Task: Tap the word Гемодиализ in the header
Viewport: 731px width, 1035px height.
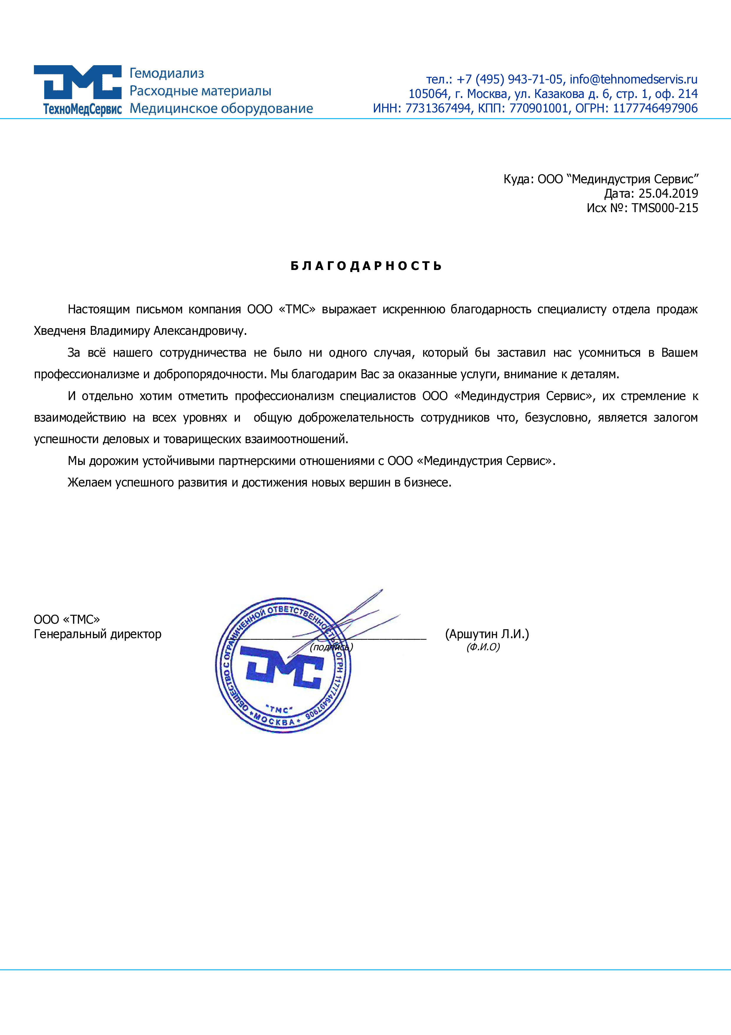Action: [x=167, y=73]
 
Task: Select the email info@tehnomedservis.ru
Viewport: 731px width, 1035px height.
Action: [x=633, y=79]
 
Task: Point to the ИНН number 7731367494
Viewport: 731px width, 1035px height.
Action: [x=438, y=108]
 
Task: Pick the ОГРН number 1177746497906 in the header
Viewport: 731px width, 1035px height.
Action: [x=655, y=108]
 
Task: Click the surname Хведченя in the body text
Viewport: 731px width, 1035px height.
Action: [x=60, y=331]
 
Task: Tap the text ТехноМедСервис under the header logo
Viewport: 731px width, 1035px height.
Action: [x=82, y=109]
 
